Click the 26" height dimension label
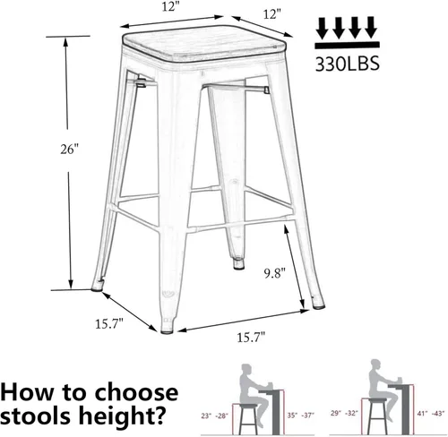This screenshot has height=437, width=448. [x=69, y=150]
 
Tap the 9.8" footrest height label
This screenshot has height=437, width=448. [x=275, y=273]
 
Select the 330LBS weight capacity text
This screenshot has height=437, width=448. [x=348, y=64]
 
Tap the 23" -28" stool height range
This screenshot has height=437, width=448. [x=214, y=416]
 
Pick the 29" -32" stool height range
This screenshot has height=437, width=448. [x=344, y=413]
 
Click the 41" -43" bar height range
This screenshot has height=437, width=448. [x=430, y=414]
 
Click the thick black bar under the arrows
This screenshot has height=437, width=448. [x=347, y=45]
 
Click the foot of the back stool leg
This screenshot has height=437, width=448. [x=239, y=264]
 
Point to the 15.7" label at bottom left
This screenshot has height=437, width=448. [x=109, y=324]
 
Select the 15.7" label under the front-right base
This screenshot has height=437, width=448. [x=251, y=338]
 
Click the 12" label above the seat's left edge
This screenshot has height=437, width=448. [x=169, y=7]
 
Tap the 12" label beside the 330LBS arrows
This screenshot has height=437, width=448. [x=271, y=14]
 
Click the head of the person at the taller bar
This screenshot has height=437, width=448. [x=376, y=364]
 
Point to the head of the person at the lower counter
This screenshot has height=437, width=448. [x=247, y=369]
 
